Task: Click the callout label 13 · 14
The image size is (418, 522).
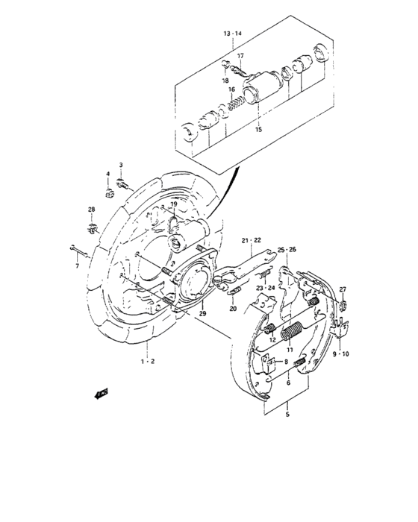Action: pyautogui.click(x=232, y=35)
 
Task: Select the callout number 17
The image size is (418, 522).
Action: pyautogui.click(x=241, y=56)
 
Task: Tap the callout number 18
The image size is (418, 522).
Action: pyautogui.click(x=225, y=80)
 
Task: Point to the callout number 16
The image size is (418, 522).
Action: pyautogui.click(x=232, y=89)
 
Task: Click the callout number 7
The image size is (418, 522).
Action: pyautogui.click(x=76, y=264)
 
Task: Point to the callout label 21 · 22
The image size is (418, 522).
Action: pyautogui.click(x=251, y=239)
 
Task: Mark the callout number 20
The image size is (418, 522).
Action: pyautogui.click(x=232, y=308)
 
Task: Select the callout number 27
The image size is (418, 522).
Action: pyautogui.click(x=343, y=289)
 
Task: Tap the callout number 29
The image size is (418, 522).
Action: pyautogui.click(x=181, y=315)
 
